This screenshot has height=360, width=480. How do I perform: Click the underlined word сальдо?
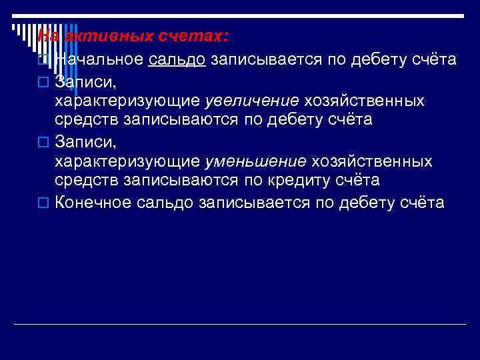tap(177, 60)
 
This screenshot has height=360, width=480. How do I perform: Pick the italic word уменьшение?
tap(255, 162)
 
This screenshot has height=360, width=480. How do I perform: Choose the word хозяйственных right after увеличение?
tap(364, 101)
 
